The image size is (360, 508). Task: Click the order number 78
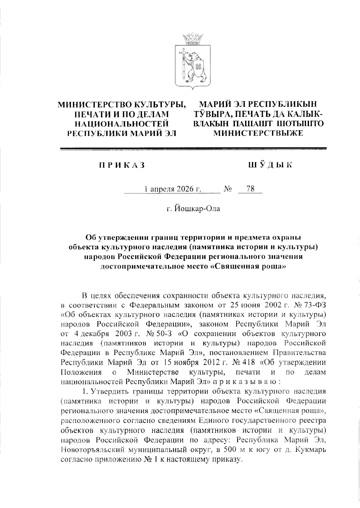pyautogui.click(x=250, y=189)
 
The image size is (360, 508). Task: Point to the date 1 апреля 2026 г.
pyautogui.click(x=172, y=189)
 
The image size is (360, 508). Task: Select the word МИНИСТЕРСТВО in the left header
pyautogui.click(x=95, y=105)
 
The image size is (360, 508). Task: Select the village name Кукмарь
pyautogui.click(x=311, y=450)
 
